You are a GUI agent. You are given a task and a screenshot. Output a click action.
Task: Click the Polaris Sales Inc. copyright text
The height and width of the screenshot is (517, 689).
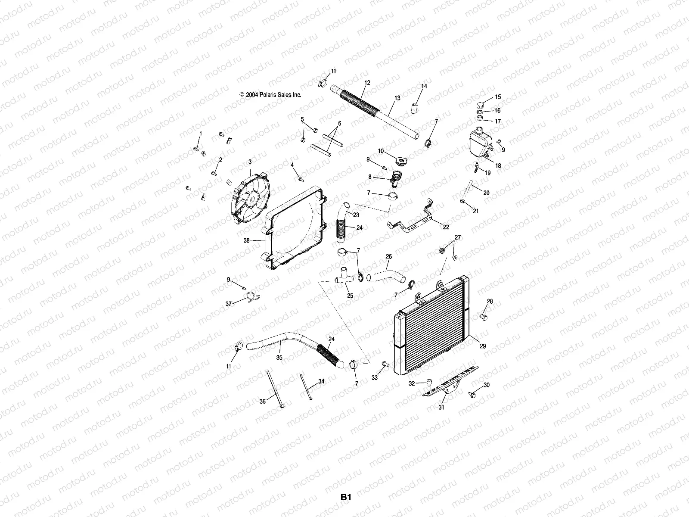pyautogui.click(x=270, y=95)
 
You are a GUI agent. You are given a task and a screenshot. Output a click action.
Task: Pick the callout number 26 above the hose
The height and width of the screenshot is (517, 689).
pyautogui.click(x=388, y=256)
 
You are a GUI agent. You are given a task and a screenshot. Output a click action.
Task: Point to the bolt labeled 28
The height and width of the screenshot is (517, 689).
pyautogui.click(x=483, y=317)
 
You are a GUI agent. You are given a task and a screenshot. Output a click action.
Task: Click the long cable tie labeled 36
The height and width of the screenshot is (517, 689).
pyautogui.click(x=275, y=388)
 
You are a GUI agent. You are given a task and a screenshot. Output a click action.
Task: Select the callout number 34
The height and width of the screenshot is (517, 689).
pyautogui.click(x=321, y=381)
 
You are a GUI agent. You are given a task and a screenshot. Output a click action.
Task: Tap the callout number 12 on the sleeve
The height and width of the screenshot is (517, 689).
pyautogui.click(x=367, y=82)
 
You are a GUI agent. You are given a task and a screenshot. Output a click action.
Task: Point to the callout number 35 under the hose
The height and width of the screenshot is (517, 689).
pyautogui.click(x=279, y=357)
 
